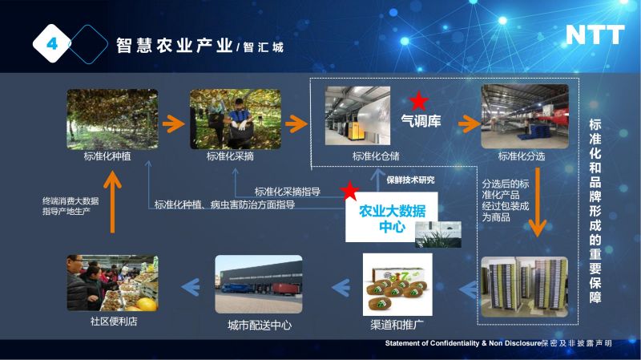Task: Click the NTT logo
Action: [x=595, y=34]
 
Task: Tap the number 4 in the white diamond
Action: [x=52, y=43]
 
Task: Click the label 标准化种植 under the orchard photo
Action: [x=107, y=156]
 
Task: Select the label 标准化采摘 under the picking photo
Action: [x=230, y=156]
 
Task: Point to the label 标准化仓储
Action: [x=376, y=156]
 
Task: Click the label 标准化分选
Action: [x=522, y=156]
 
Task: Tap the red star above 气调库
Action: [x=418, y=101]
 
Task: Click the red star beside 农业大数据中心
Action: [x=349, y=190]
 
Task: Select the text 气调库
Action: [x=421, y=121]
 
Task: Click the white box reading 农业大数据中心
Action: [x=391, y=217]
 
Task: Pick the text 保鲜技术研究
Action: [x=410, y=180]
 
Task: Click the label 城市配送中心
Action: [x=260, y=326]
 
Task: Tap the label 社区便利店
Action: [x=114, y=322]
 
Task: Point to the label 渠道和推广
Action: [x=397, y=325]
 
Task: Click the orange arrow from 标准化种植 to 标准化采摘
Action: [x=174, y=123]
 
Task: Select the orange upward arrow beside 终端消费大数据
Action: [x=112, y=202]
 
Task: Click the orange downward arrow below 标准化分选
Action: [x=538, y=202]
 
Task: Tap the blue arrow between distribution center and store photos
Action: [x=191, y=287]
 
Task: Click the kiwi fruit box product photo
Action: [x=397, y=285]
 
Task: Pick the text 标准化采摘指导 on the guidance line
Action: [x=288, y=192]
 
